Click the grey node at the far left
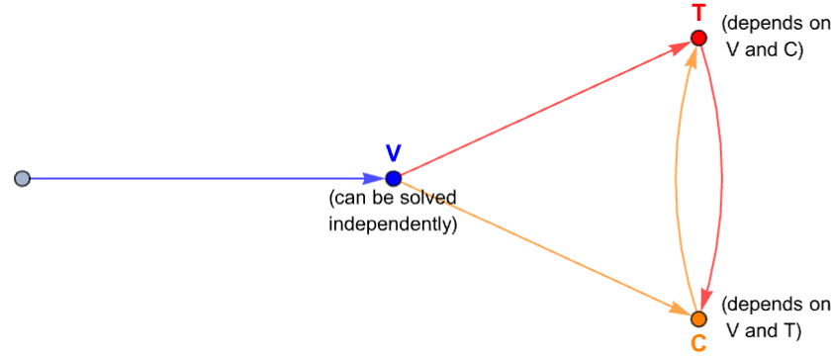pos(22,178)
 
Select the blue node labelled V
pos(393,178)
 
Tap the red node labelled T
pos(698,39)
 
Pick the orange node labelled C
pos(698,318)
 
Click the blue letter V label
pos(393,153)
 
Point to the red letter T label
pos(698,13)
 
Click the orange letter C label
pos(698,344)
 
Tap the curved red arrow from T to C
pos(722,178)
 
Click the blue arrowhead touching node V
pos(375,178)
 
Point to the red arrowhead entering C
pos(707,300)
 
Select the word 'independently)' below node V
pos(393,224)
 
